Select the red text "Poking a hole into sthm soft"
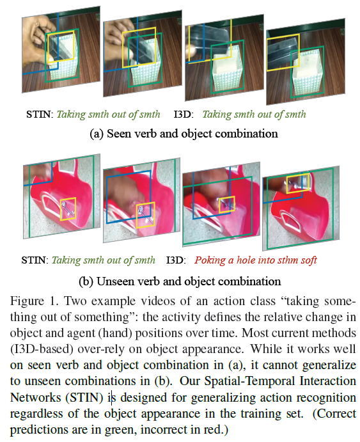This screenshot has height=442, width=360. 255,260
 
